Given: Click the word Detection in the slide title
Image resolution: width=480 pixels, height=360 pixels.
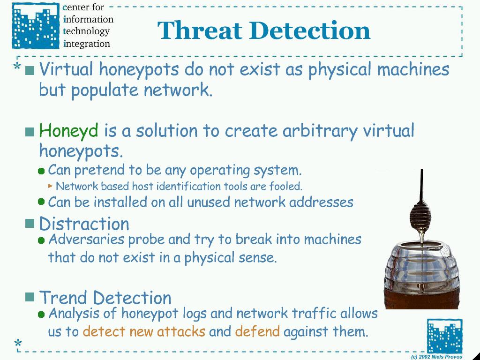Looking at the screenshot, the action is [309, 30].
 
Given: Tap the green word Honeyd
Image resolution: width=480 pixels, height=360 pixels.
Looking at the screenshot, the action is [68, 131].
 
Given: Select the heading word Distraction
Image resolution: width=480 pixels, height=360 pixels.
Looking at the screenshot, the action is [84, 224].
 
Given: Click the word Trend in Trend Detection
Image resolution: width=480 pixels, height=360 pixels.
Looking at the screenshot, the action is [63, 297].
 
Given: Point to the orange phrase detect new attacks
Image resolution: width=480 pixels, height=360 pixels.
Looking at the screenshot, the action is [144, 331].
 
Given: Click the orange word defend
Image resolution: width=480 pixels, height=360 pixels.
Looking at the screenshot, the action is [257, 331].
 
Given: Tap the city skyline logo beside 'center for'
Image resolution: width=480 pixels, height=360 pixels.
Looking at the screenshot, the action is [36, 26].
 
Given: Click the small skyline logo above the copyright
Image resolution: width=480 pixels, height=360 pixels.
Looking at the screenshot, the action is [444, 336].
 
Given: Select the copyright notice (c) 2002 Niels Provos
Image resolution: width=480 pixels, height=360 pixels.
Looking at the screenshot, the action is [436, 357].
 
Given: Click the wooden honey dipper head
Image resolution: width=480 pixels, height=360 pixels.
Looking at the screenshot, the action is [420, 216].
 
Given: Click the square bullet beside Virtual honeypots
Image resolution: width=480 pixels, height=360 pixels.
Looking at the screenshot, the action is [30, 71].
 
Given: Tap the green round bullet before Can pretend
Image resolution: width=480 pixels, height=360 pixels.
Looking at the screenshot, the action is [41, 171].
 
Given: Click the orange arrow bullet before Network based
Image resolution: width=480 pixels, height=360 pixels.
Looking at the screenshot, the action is [51, 186].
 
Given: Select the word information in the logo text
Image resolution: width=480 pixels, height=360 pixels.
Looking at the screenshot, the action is [88, 20].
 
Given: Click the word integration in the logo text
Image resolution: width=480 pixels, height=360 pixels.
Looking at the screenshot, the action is [86, 44].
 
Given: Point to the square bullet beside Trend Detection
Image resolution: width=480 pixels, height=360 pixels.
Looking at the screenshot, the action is [30, 297].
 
